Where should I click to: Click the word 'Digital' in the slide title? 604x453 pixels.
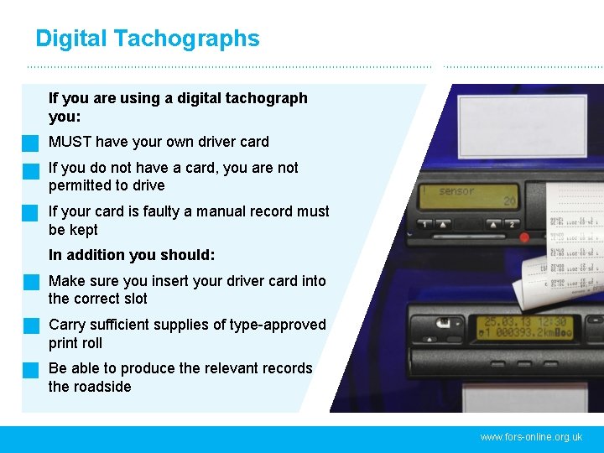point(71,39)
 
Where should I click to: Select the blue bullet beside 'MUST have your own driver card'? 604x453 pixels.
point(31,143)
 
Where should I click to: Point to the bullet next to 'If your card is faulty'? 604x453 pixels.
point(31,212)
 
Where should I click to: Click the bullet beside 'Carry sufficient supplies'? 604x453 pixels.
point(31,325)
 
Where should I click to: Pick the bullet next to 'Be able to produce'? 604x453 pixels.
point(31,369)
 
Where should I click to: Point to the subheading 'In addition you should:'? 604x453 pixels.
point(132,255)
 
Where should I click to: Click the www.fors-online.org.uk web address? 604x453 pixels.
point(531,437)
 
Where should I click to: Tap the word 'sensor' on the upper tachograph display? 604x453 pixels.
point(456,191)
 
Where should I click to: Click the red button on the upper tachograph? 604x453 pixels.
point(524,237)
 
